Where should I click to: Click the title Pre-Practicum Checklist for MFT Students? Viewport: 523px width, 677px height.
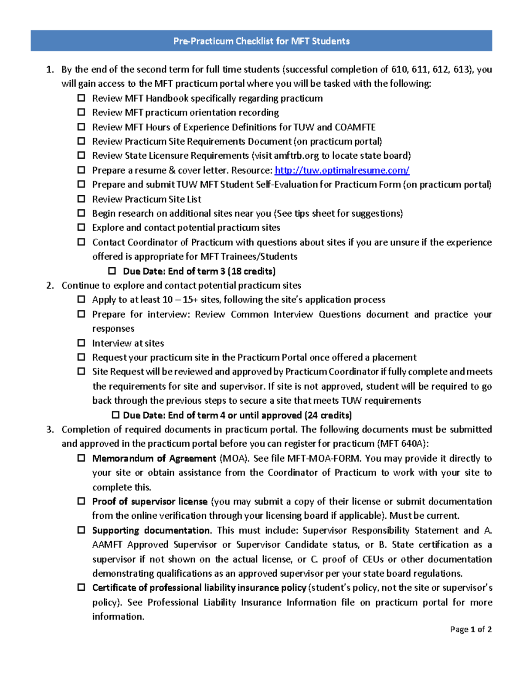(261, 41)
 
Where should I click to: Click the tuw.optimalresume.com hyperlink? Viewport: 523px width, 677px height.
(342, 170)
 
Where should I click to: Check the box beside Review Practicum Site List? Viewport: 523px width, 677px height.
(81, 199)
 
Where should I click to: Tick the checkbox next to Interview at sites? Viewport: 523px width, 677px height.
(81, 343)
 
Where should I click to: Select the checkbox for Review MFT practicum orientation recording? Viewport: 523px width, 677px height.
(81, 112)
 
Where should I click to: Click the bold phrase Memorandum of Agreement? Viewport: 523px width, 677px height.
(154, 458)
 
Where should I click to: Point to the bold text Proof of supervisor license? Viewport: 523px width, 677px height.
(149, 501)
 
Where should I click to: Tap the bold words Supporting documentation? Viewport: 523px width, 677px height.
(151, 530)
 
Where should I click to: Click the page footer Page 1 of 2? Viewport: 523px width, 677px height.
(471, 629)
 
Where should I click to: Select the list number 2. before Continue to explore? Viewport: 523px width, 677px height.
(50, 285)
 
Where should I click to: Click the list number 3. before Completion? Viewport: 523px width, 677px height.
(50, 429)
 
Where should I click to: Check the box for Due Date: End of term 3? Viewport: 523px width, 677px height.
(112, 271)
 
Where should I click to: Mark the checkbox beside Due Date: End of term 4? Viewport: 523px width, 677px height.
(115, 415)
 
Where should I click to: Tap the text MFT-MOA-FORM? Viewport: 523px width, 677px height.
(324, 458)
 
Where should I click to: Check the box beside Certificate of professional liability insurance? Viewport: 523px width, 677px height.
(81, 587)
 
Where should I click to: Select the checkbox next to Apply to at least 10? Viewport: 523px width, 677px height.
(81, 299)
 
